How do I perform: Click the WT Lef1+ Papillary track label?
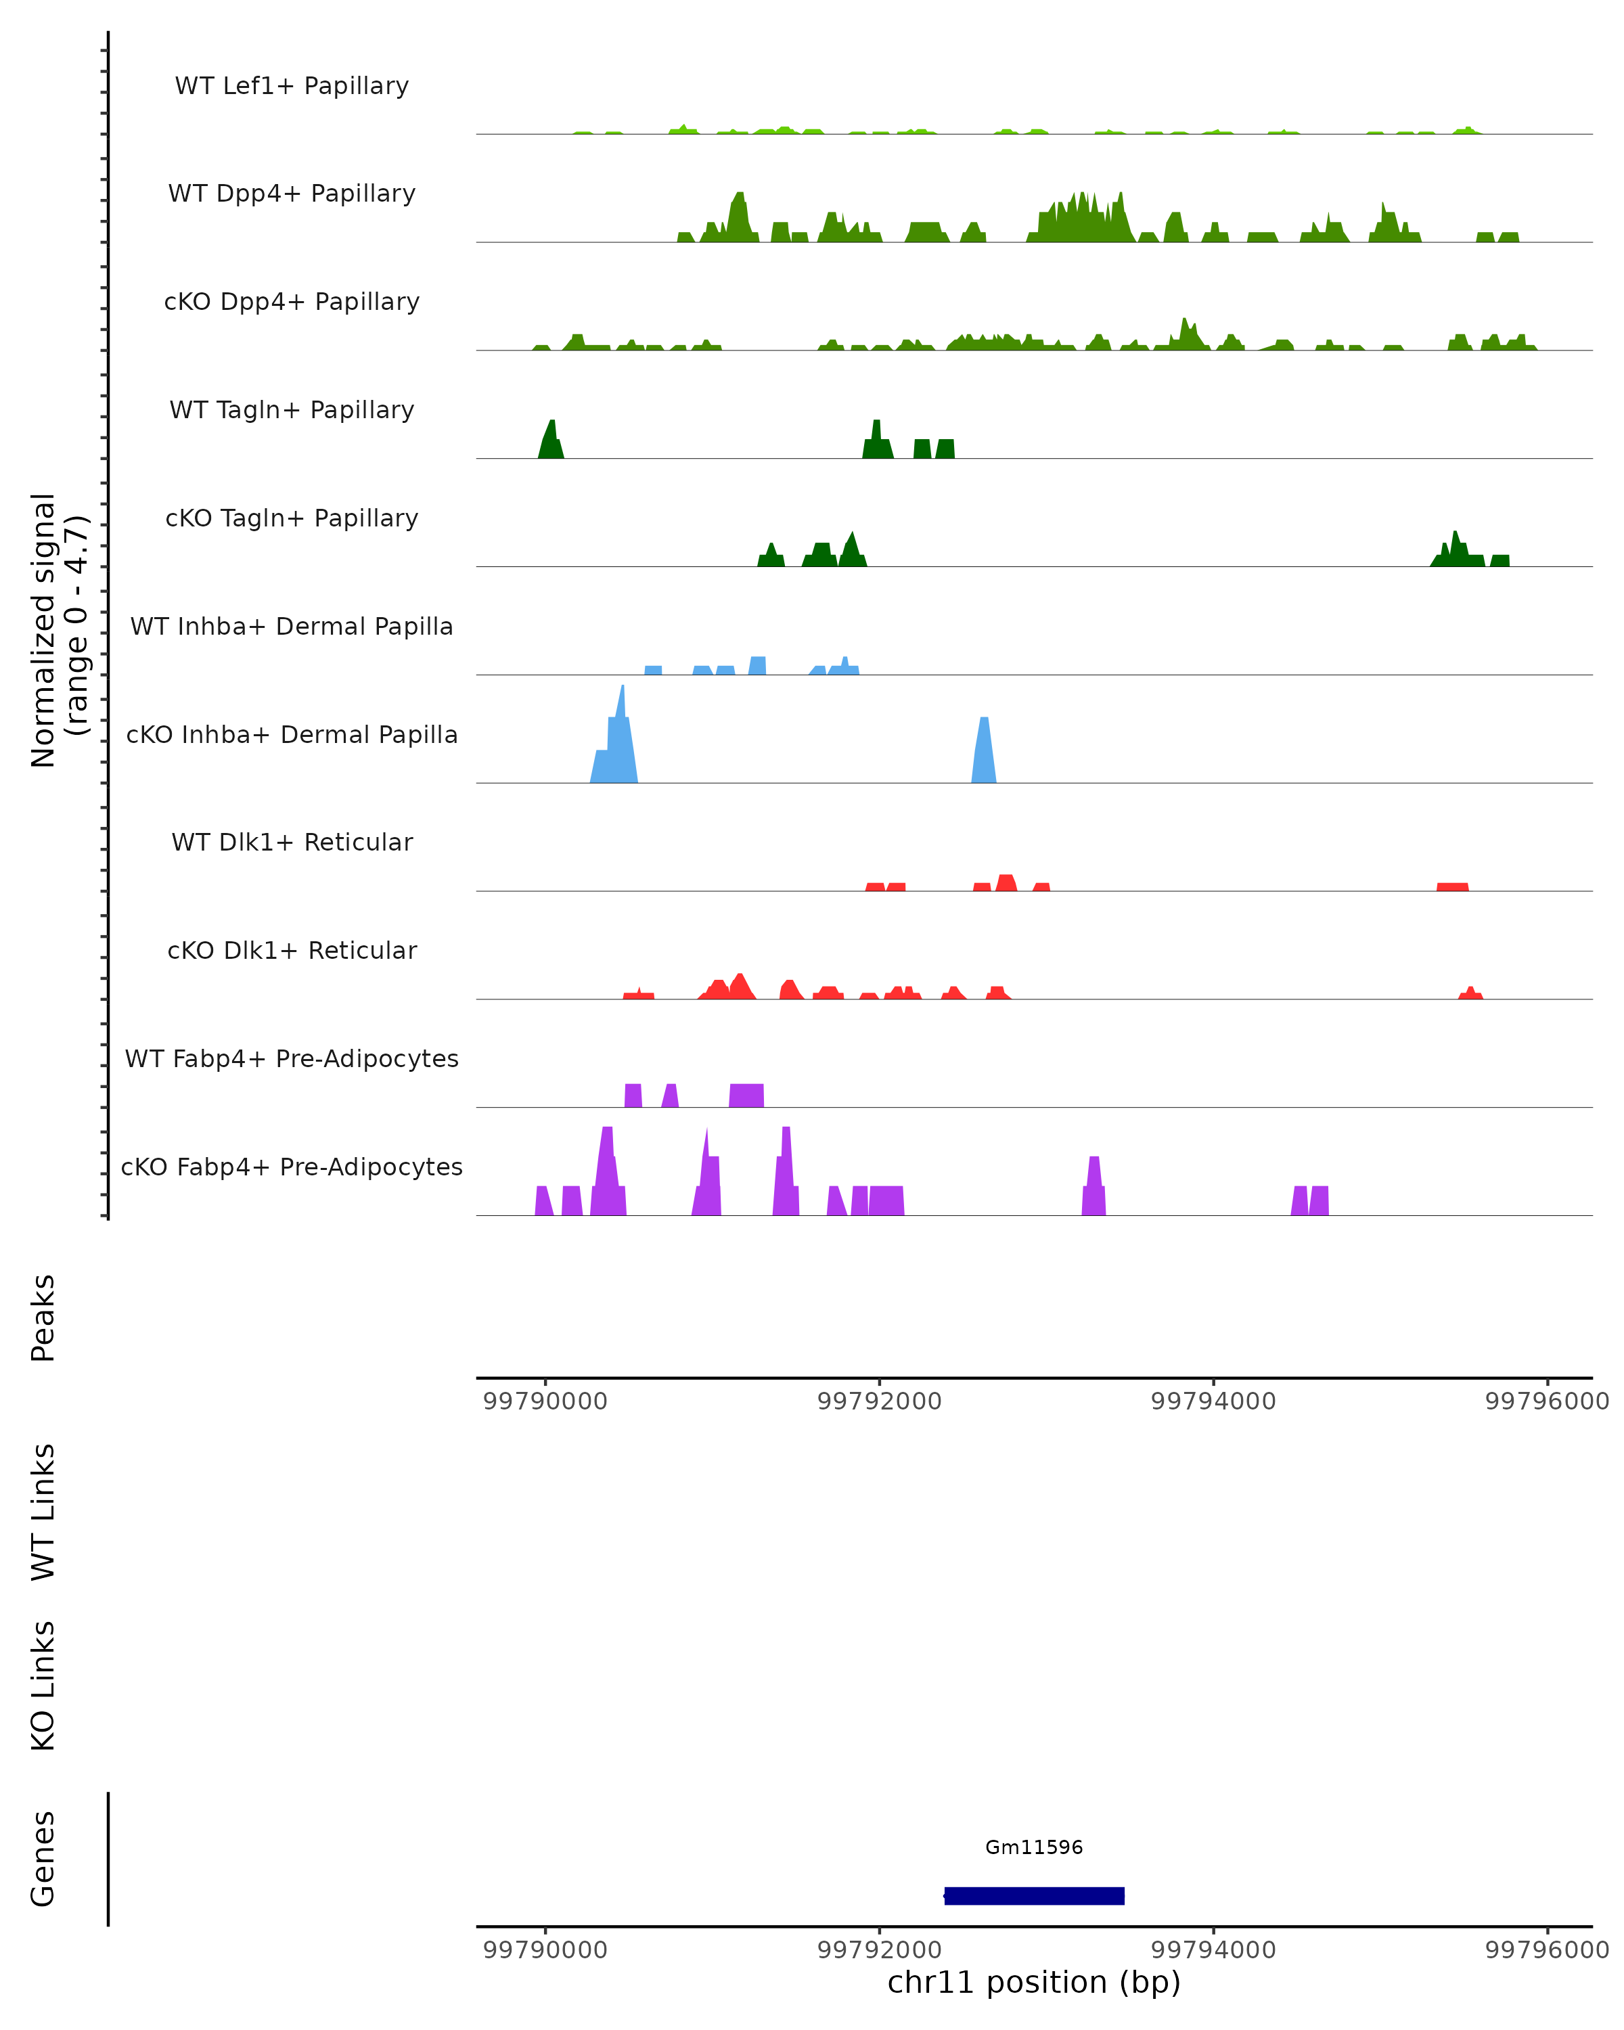pos(292,86)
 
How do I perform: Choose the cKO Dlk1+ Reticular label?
pos(292,950)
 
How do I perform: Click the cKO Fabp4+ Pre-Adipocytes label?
pos(292,1167)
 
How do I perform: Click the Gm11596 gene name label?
pos(1034,1847)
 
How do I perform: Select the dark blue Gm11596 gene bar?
pos(1034,1895)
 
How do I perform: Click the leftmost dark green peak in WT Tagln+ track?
pos(551,443)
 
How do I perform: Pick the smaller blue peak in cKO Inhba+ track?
pos(984,753)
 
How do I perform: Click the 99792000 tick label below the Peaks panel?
pos(879,1401)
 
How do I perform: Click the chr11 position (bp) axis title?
pos(1034,1982)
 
